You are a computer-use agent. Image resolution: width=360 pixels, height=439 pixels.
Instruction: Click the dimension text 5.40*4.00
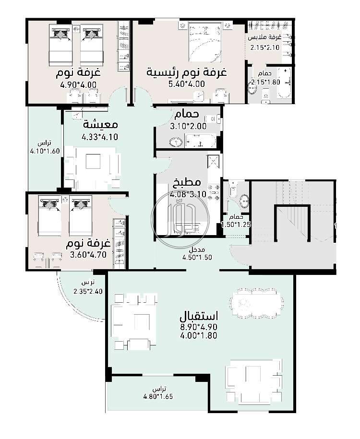coord(186,83)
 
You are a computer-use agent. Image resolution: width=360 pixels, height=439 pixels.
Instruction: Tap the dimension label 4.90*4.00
coord(78,84)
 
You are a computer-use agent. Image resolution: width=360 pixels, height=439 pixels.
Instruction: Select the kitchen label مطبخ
coord(187,182)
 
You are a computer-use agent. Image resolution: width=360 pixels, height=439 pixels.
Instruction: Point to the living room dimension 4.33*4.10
coord(100,137)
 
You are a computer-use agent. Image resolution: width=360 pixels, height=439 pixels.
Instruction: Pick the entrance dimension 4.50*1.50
coord(197,257)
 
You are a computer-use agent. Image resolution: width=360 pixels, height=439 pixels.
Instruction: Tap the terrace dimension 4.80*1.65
coord(158,396)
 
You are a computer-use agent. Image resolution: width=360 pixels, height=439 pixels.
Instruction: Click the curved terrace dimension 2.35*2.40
coord(88,291)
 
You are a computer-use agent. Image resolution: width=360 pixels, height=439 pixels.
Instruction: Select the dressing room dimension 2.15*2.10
coord(265,47)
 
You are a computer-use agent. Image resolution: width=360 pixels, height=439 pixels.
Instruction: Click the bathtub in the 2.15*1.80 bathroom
coord(284,83)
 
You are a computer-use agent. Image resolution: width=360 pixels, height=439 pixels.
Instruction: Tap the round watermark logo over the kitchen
coord(180,219)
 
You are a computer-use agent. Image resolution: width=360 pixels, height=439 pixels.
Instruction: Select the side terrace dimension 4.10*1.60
coord(45,151)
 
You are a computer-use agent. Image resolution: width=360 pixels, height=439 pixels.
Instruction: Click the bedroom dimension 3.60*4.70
coord(88,255)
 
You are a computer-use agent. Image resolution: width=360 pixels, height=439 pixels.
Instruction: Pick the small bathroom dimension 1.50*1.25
coord(236,225)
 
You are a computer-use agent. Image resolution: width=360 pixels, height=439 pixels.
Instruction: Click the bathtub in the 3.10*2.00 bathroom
coord(200,141)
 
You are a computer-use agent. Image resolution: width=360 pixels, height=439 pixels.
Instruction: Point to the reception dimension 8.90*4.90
coord(199,327)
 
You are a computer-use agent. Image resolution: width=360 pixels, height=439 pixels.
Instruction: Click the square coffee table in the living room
coord(93,161)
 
